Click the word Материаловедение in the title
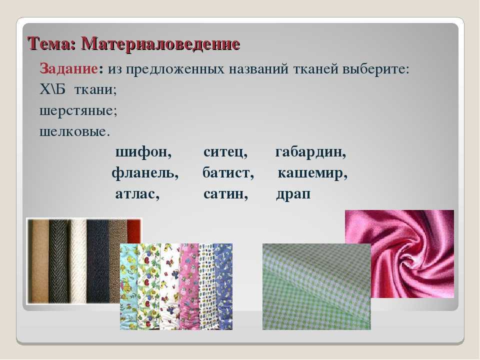(x=161, y=44)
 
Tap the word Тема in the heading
(x=50, y=44)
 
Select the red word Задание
(x=60, y=68)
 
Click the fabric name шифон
(x=143, y=152)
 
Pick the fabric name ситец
(x=225, y=152)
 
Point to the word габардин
(x=310, y=152)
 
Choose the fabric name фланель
(x=144, y=173)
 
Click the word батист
(x=228, y=173)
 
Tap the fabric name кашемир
(x=312, y=173)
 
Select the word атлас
(x=137, y=194)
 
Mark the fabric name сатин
(x=225, y=194)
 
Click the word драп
(x=293, y=194)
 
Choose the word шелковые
(x=74, y=131)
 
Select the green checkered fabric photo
(x=316, y=287)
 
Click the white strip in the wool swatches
(x=78, y=260)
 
